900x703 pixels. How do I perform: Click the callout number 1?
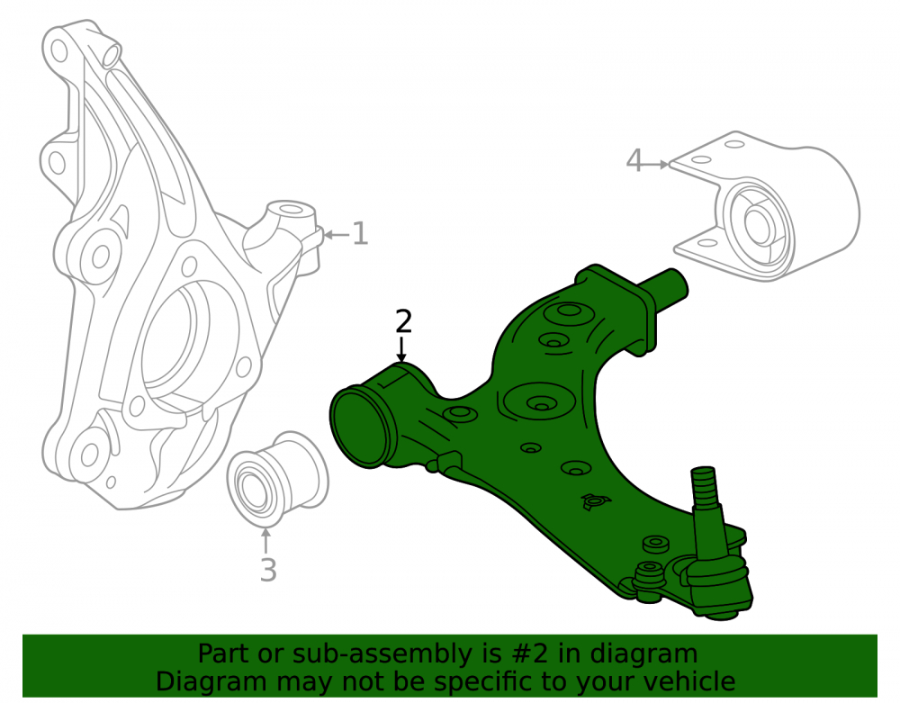pos(360,233)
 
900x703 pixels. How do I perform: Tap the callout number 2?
pos(403,321)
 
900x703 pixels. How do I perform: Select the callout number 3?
pos(268,570)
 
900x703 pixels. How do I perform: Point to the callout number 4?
pos(634,160)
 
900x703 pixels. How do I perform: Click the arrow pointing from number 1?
pos(337,234)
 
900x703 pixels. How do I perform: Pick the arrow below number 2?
pos(401,349)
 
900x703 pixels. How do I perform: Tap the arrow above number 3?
pos(265,541)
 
